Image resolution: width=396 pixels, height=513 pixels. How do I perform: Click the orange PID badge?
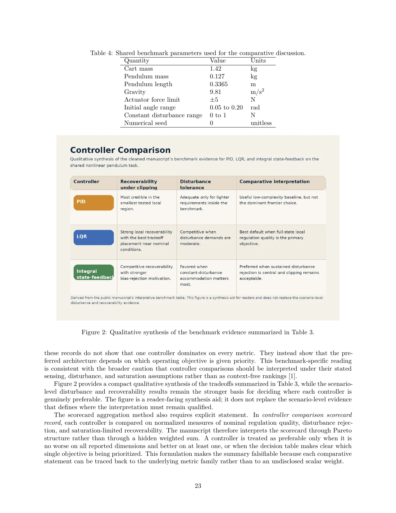[93, 202]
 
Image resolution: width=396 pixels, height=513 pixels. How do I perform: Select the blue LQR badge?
[93, 237]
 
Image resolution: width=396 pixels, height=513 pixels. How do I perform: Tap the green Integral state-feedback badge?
[93, 272]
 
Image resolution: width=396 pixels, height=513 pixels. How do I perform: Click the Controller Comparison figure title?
[120, 150]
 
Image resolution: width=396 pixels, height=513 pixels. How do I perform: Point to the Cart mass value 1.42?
[215, 69]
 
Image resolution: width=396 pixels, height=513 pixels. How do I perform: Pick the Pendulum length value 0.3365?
[218, 84]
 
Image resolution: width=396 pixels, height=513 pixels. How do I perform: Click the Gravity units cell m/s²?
[257, 92]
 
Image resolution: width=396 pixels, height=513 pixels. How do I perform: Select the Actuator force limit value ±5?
[214, 100]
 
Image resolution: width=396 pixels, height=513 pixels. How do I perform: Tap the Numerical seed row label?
[145, 123]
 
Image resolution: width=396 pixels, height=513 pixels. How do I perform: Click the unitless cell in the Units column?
[261, 123]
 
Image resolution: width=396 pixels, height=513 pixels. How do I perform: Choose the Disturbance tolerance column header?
[195, 184]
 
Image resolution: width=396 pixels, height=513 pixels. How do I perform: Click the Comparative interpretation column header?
[274, 182]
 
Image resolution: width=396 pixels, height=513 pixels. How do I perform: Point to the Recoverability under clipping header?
[139, 184]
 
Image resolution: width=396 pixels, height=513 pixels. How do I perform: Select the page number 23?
[198, 486]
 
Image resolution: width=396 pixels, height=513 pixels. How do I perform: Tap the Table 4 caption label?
[101, 53]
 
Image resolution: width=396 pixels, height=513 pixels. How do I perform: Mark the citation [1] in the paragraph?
[292, 376]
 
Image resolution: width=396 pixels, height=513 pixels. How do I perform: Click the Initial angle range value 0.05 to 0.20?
[226, 108]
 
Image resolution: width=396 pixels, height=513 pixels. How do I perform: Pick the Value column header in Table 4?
[217, 61]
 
